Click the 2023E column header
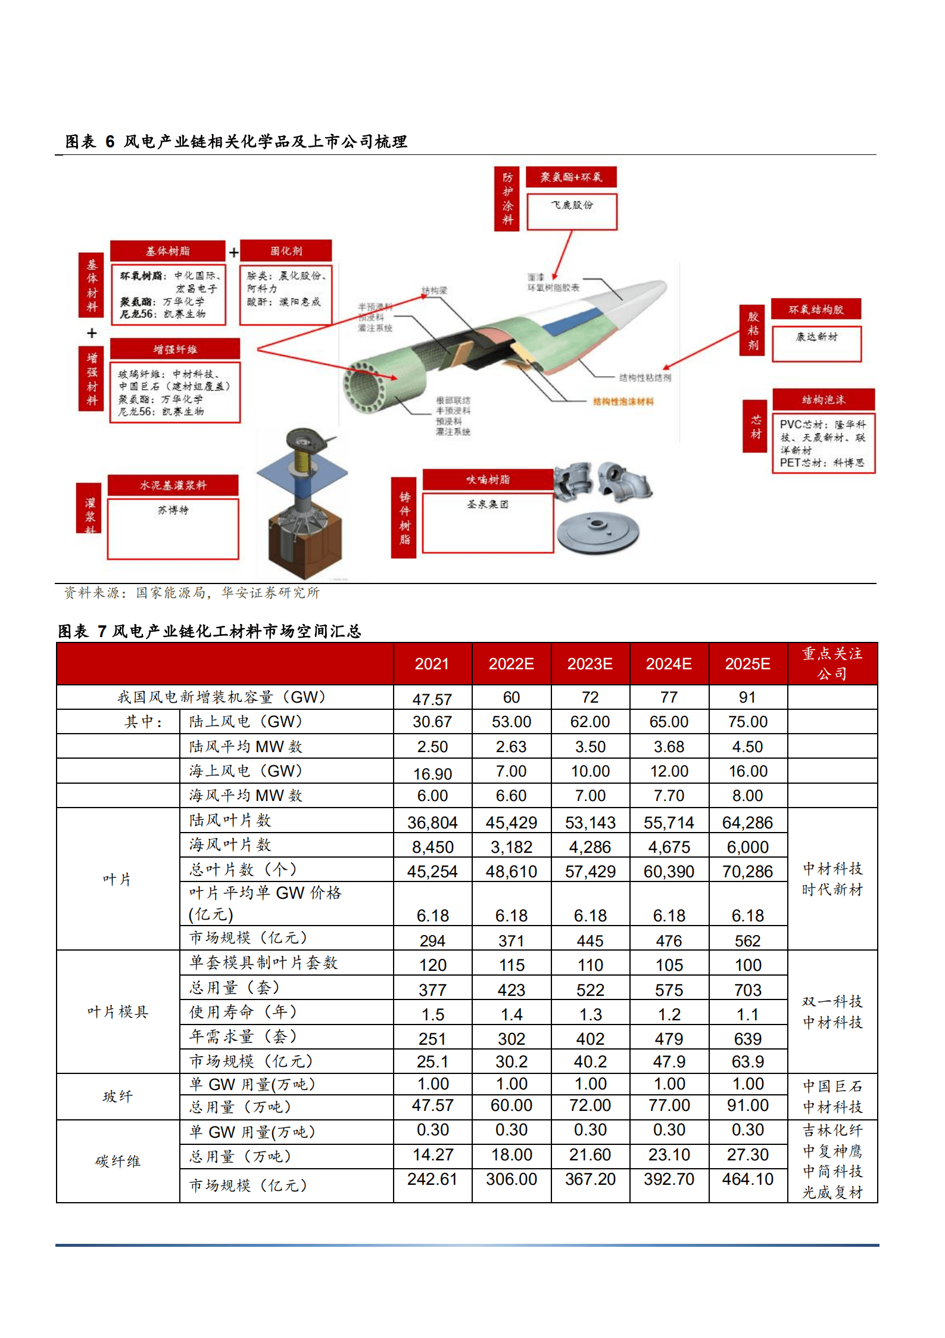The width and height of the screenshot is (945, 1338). [x=590, y=664]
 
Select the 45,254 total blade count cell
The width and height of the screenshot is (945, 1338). [x=432, y=871]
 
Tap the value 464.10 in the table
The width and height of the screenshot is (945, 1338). [x=747, y=1179]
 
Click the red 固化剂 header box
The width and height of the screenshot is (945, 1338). [x=286, y=251]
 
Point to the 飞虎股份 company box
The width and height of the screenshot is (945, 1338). [x=572, y=211]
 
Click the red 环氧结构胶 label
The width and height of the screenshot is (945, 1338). [x=816, y=309]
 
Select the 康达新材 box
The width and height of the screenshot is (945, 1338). [x=816, y=343]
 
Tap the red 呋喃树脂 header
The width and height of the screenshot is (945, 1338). [x=488, y=479]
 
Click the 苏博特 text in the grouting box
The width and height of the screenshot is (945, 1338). [x=173, y=510]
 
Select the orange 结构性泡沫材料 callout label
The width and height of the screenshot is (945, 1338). [x=623, y=402]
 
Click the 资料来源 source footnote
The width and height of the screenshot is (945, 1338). [x=192, y=592]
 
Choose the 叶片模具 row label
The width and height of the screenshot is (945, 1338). [x=117, y=1011]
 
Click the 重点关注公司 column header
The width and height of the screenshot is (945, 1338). [x=832, y=663]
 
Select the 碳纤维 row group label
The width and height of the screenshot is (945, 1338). [x=117, y=1161]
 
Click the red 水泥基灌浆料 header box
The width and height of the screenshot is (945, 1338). [x=173, y=485]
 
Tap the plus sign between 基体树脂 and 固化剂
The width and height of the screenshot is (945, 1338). [x=233, y=253]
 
